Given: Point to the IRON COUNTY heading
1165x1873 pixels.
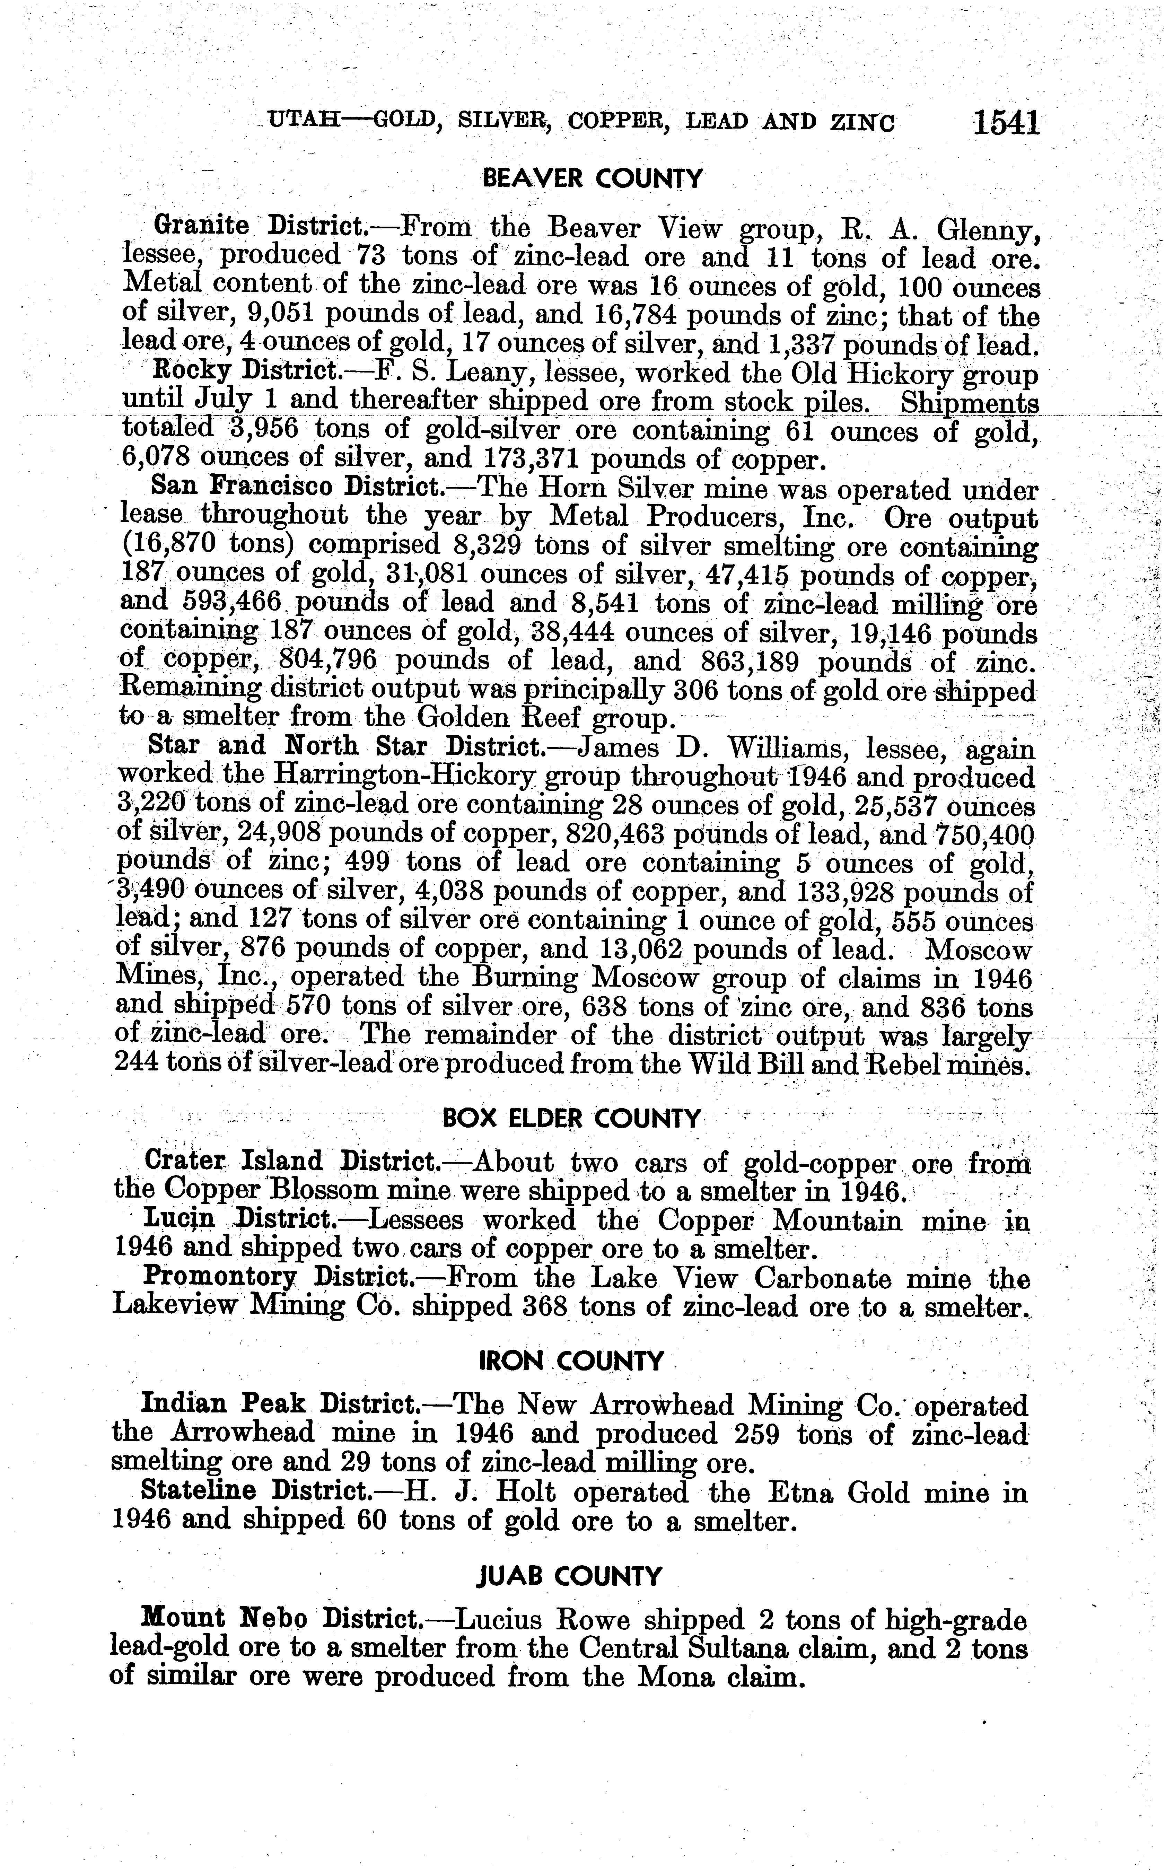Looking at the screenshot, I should click(x=571, y=1362).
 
